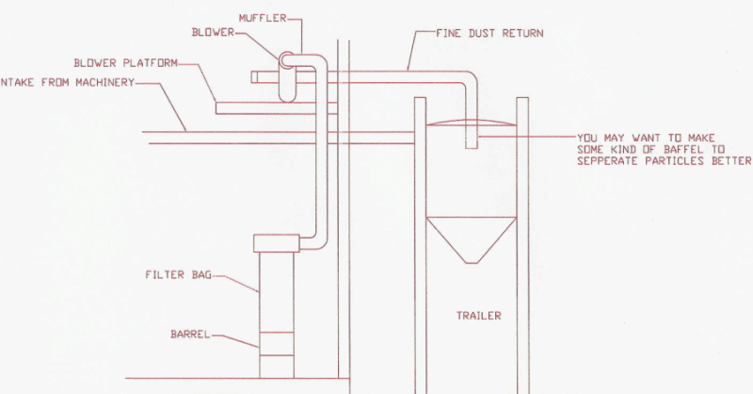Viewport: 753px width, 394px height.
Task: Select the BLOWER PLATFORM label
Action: pos(125,63)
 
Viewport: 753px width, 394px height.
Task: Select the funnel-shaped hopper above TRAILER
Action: pos(471,239)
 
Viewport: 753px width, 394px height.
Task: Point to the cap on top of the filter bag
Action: pos(275,243)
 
